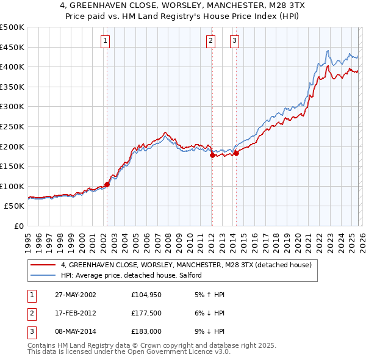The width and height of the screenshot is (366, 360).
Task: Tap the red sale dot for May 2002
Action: coord(107,184)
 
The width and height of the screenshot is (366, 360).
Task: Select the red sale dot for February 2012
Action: coord(212,155)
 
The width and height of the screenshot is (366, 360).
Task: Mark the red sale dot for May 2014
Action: coord(235,153)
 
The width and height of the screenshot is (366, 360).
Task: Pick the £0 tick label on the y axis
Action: coord(18,226)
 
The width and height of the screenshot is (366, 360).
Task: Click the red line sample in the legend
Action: coord(43,265)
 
